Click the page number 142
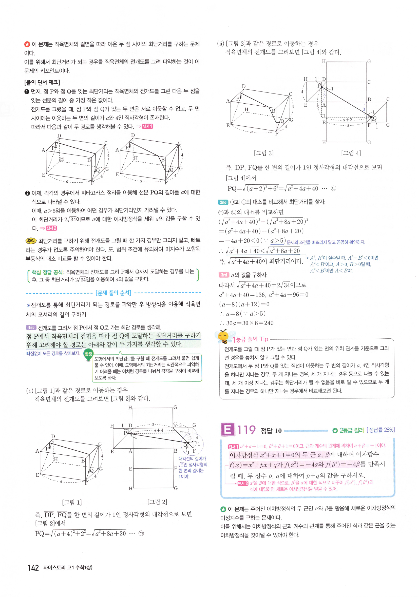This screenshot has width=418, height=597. (33, 568)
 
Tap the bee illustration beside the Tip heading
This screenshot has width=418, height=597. (224, 337)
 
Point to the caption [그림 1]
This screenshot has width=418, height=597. (72, 502)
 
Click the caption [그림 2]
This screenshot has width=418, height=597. (157, 501)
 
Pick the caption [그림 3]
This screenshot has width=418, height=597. (263, 153)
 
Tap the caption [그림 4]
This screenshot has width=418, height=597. (351, 153)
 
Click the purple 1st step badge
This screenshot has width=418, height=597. (31, 327)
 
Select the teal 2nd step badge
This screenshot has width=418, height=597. (223, 202)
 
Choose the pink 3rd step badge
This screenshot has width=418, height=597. (224, 275)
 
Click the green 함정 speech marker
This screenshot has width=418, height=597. (88, 355)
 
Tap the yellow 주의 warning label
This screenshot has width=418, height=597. (31, 241)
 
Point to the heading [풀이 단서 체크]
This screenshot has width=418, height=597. (42, 82)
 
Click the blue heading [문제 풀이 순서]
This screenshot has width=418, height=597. (113, 293)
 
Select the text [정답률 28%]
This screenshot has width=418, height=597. (381, 430)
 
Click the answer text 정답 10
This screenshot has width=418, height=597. (271, 431)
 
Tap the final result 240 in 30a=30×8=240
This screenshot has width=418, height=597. (268, 323)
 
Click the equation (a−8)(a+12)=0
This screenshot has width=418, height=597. (244, 304)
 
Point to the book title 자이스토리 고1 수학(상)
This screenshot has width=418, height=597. (68, 568)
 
